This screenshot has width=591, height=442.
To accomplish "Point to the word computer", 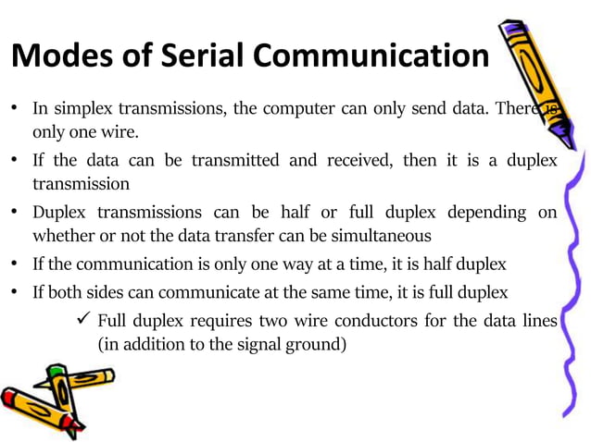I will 292,108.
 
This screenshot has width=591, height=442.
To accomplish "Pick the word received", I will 357,160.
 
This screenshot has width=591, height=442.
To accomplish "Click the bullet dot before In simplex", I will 16,108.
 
